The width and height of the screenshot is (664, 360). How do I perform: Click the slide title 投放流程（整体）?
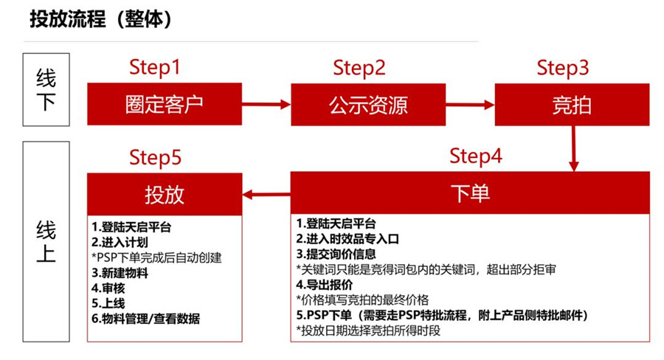(100, 19)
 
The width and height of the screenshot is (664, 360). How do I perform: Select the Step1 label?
(155, 67)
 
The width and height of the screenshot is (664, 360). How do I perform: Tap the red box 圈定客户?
(165, 104)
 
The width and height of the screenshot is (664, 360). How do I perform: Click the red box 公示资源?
(368, 105)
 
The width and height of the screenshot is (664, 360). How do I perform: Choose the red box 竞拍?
(572, 105)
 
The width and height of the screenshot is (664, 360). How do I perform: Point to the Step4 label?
(476, 156)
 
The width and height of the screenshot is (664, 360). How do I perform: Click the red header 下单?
(470, 193)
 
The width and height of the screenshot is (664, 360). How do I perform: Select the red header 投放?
(165, 195)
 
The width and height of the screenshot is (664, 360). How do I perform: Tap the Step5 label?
(155, 158)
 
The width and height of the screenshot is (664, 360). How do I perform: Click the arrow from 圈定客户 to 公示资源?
(266, 104)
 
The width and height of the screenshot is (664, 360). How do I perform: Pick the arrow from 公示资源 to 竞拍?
(470, 105)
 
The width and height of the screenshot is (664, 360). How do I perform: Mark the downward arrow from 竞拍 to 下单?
(573, 148)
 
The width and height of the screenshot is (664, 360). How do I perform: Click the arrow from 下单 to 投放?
(266, 195)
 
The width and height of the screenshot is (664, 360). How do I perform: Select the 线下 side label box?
(46, 89)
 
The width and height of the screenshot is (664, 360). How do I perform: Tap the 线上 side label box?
(46, 241)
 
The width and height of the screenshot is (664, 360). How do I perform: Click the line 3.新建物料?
(120, 273)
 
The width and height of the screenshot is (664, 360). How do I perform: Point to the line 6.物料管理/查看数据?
(145, 319)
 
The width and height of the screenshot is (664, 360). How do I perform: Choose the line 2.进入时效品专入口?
(347, 239)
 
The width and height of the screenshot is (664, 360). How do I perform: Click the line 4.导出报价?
(325, 285)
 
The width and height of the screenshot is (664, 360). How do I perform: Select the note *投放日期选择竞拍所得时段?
(368, 330)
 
